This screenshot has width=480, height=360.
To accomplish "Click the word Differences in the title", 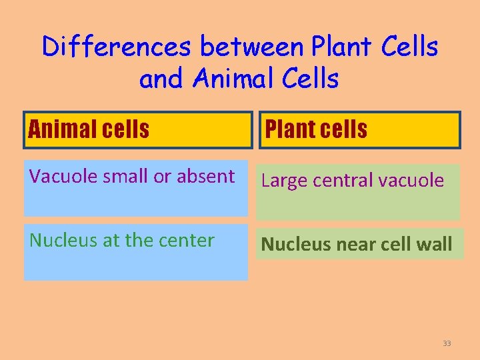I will (x=117, y=47).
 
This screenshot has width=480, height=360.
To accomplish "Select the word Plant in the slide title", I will (x=345, y=47).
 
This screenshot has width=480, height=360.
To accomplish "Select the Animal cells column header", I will (x=89, y=129).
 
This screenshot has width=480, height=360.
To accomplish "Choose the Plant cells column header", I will (x=317, y=129).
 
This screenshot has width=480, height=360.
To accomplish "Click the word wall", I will (x=436, y=245).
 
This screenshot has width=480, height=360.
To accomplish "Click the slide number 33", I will (x=447, y=343).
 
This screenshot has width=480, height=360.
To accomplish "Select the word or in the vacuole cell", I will (x=162, y=177).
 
